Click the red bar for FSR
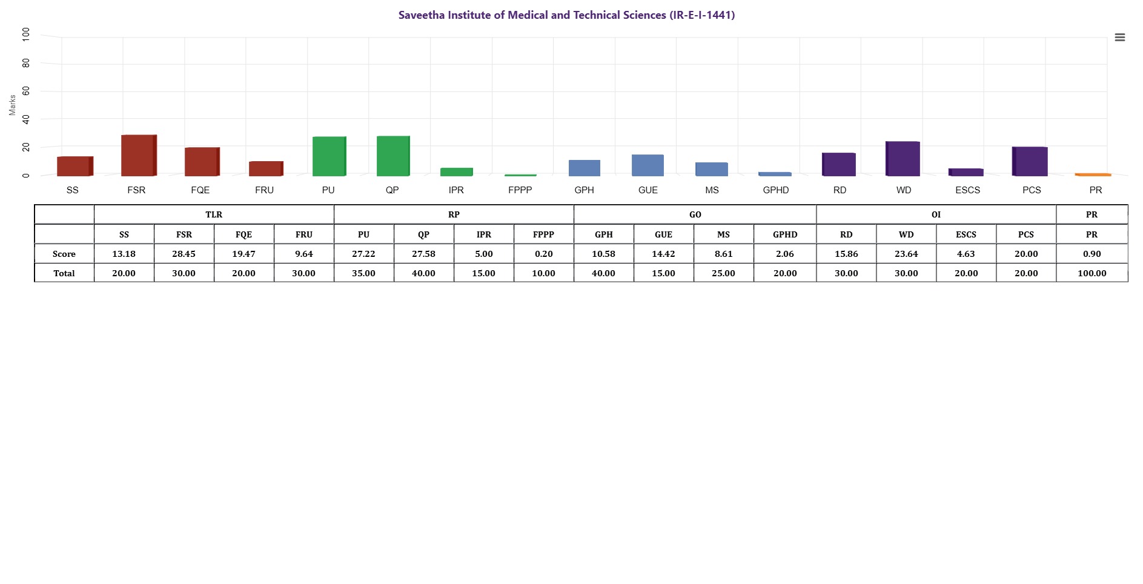click(139, 156)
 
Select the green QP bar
click(393, 156)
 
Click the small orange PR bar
click(1093, 174)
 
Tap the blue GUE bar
click(648, 165)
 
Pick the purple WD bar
click(903, 159)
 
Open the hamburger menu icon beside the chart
click(1120, 38)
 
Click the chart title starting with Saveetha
click(566, 15)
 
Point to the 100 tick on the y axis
click(25, 34)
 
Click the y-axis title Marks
click(12, 105)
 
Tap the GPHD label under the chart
click(775, 190)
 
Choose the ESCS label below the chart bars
click(967, 190)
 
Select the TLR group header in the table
click(214, 214)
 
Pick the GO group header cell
click(695, 214)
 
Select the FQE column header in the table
click(244, 234)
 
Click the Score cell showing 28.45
click(184, 254)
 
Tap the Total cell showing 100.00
click(1092, 273)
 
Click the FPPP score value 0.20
click(543, 254)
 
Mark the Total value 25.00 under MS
click(723, 273)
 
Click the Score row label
click(64, 254)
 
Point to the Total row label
click(64, 273)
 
